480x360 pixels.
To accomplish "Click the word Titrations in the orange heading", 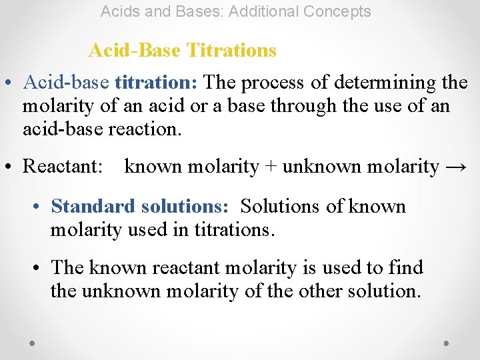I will pos(231,50).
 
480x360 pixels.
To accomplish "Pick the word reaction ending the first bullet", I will pos(147,129).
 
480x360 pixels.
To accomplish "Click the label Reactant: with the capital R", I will pos(63,167).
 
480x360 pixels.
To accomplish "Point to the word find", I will pos(407,268).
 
